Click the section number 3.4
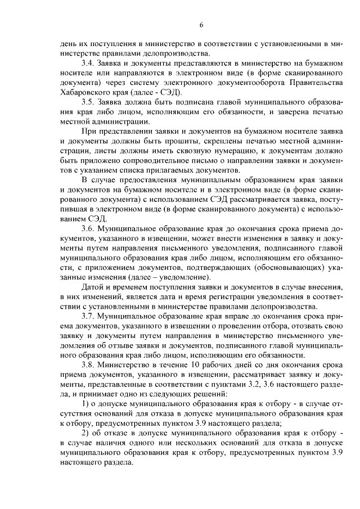coord(88,63)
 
